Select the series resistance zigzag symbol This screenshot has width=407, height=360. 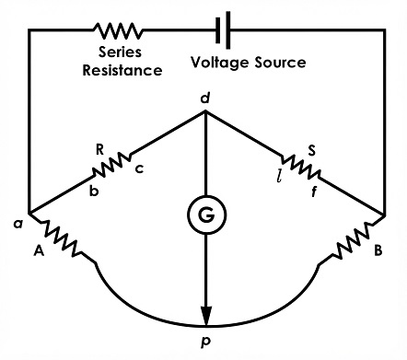(118, 30)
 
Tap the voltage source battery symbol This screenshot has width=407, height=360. (223, 30)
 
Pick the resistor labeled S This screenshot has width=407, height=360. (301, 167)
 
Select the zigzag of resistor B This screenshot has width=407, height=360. (353, 241)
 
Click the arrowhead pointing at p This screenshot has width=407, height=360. (206, 315)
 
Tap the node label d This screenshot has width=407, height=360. (205, 99)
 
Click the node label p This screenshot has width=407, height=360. (205, 342)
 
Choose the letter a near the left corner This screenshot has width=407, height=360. (18, 225)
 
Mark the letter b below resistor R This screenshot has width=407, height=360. (94, 191)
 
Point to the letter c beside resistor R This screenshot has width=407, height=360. (140, 168)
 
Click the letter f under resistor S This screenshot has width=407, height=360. (313, 192)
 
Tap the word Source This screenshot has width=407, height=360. (280, 63)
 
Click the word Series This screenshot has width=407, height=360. (120, 52)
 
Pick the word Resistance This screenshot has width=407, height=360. (122, 70)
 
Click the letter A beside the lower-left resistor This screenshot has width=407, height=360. (39, 251)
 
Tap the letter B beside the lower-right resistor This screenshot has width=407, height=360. (378, 250)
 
